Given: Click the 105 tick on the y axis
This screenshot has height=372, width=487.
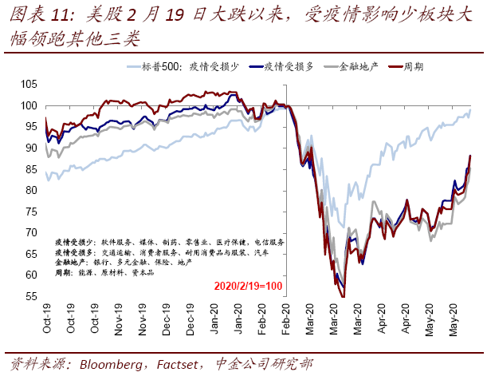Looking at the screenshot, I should click(x=30, y=84).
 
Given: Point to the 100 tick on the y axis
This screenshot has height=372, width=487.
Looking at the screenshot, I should click(x=30, y=105).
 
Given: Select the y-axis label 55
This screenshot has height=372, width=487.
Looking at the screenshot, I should click(x=33, y=296).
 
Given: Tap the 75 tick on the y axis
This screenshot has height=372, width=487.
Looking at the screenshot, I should click(x=33, y=212).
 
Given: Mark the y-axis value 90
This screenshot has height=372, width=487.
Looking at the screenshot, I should click(x=33, y=148).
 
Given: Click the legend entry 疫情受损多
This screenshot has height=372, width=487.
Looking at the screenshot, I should click(x=288, y=68).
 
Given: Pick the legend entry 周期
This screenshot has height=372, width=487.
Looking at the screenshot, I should click(x=411, y=68).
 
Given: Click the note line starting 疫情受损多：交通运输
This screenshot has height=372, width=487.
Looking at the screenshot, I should click(x=159, y=251).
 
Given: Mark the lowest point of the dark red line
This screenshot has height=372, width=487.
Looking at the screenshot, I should click(x=344, y=296).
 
